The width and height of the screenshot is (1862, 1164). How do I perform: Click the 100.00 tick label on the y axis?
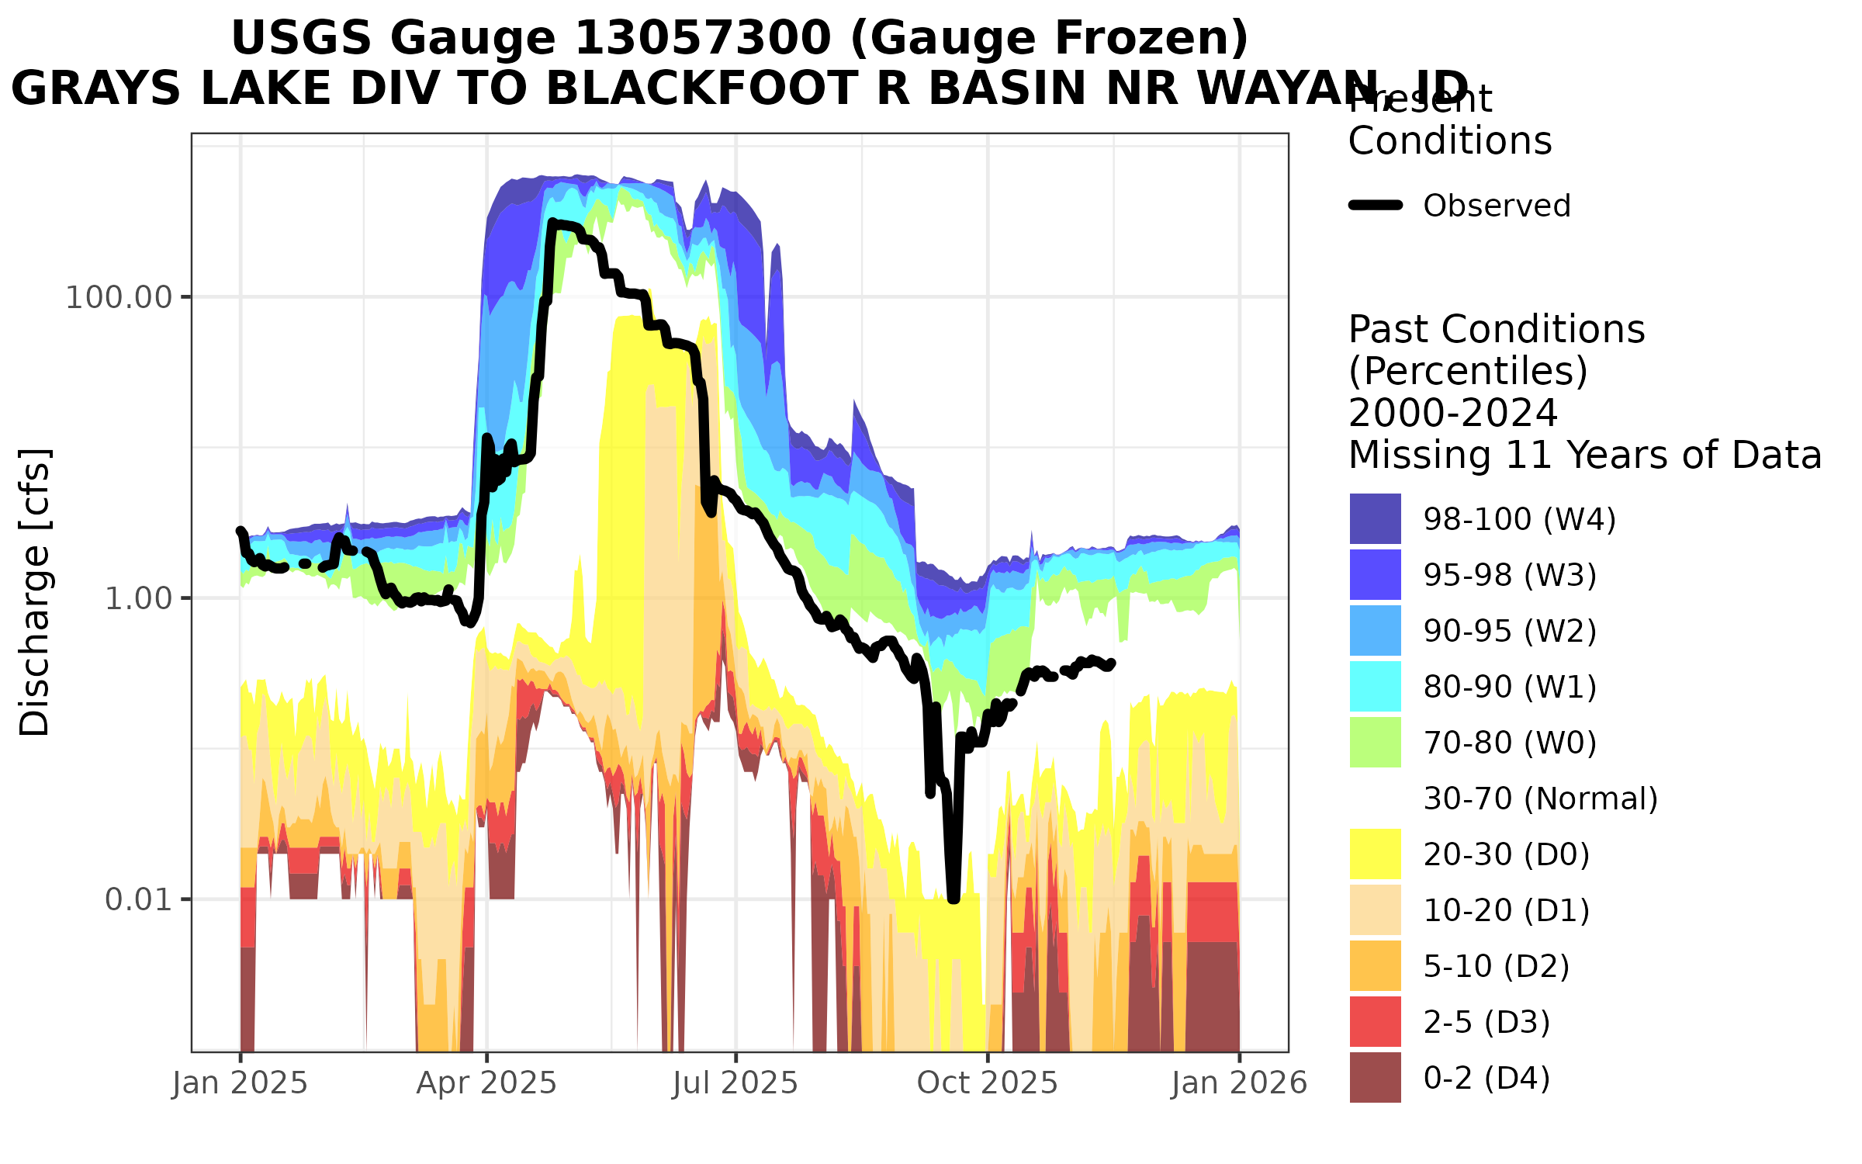[x=118, y=298]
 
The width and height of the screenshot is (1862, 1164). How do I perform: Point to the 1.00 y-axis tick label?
[x=137, y=599]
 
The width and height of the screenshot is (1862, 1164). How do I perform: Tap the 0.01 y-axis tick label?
[x=137, y=900]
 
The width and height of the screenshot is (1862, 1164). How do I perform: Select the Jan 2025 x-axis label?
[x=240, y=1083]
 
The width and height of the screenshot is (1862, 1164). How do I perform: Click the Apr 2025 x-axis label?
[x=486, y=1083]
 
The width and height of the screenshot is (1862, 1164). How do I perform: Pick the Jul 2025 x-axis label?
[x=735, y=1083]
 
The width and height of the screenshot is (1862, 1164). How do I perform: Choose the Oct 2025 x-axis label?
[x=987, y=1083]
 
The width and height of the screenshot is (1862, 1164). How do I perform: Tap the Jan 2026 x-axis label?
[x=1239, y=1083]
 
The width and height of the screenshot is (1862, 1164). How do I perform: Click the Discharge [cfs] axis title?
[x=35, y=591]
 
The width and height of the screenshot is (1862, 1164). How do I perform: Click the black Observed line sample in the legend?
[x=1376, y=206]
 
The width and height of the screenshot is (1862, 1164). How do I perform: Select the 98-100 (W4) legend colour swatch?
[x=1375, y=518]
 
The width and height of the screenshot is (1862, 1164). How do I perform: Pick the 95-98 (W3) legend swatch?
[x=1375, y=574]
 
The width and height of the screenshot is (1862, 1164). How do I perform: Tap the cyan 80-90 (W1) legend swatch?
[x=1375, y=686]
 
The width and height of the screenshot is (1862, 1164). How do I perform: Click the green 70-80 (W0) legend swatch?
[x=1375, y=742]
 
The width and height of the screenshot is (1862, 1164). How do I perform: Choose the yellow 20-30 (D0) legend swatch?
[x=1375, y=854]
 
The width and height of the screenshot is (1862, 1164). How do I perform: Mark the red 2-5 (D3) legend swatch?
[x=1375, y=1021]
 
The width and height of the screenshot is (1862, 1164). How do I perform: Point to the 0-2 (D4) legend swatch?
[x=1375, y=1077]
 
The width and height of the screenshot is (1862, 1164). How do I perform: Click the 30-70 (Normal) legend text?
[x=1540, y=799]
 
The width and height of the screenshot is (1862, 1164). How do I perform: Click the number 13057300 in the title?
[x=702, y=39]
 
